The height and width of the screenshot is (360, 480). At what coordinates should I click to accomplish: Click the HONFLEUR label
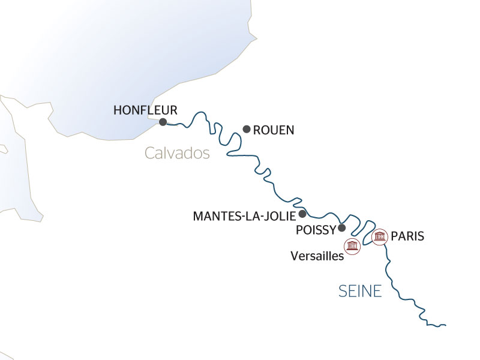pyautogui.click(x=145, y=110)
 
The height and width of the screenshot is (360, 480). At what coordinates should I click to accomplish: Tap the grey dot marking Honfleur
pyautogui.click(x=163, y=122)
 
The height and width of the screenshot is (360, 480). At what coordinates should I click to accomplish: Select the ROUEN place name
pyautogui.click(x=274, y=130)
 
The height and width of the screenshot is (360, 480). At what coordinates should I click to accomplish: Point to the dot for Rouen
pyautogui.click(x=246, y=128)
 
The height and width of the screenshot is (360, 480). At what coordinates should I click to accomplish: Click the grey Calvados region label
pyautogui.click(x=177, y=154)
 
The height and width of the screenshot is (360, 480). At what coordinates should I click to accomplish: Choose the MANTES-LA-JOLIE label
pyautogui.click(x=245, y=215)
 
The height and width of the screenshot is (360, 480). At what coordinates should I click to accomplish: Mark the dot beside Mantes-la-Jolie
pyautogui.click(x=302, y=214)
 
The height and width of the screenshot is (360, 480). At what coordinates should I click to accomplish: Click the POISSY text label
pyautogui.click(x=316, y=230)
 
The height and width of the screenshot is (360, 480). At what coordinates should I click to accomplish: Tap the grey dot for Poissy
pyautogui.click(x=342, y=227)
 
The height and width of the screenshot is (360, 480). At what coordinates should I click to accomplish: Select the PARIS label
pyautogui.click(x=407, y=236)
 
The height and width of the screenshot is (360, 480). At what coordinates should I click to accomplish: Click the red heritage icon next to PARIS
pyautogui.click(x=379, y=237)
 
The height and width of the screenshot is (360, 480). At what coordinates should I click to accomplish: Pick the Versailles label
pyautogui.click(x=316, y=256)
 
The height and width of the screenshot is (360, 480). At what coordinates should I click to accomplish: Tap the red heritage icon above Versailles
pyautogui.click(x=352, y=245)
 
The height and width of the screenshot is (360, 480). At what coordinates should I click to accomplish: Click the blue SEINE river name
pyautogui.click(x=360, y=292)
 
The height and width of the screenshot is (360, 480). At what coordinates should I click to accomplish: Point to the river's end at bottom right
pyautogui.click(x=446, y=325)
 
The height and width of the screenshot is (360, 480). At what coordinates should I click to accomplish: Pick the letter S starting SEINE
pyautogui.click(x=343, y=292)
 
